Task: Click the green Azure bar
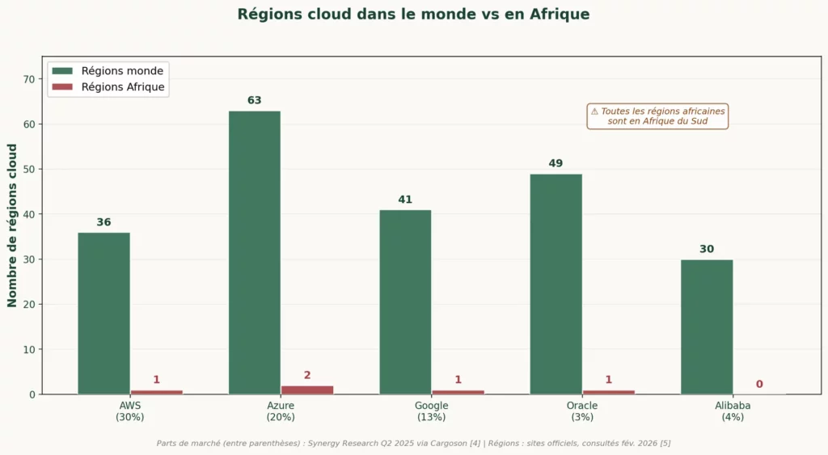tap(255, 252)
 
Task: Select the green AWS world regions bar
tap(103, 313)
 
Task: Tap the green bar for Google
tap(405, 301)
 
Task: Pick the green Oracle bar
tap(556, 284)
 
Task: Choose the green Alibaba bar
tap(707, 327)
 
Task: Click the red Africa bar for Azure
tap(307, 390)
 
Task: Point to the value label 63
tap(255, 101)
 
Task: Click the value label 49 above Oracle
tap(556, 164)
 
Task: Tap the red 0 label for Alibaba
tap(759, 385)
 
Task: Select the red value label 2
tap(307, 376)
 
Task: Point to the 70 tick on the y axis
tap(29, 79)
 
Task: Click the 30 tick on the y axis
tap(29, 259)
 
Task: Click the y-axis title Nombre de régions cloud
tap(12, 225)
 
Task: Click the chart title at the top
tap(413, 15)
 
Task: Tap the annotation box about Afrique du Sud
tap(657, 116)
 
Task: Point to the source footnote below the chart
tap(413, 443)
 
